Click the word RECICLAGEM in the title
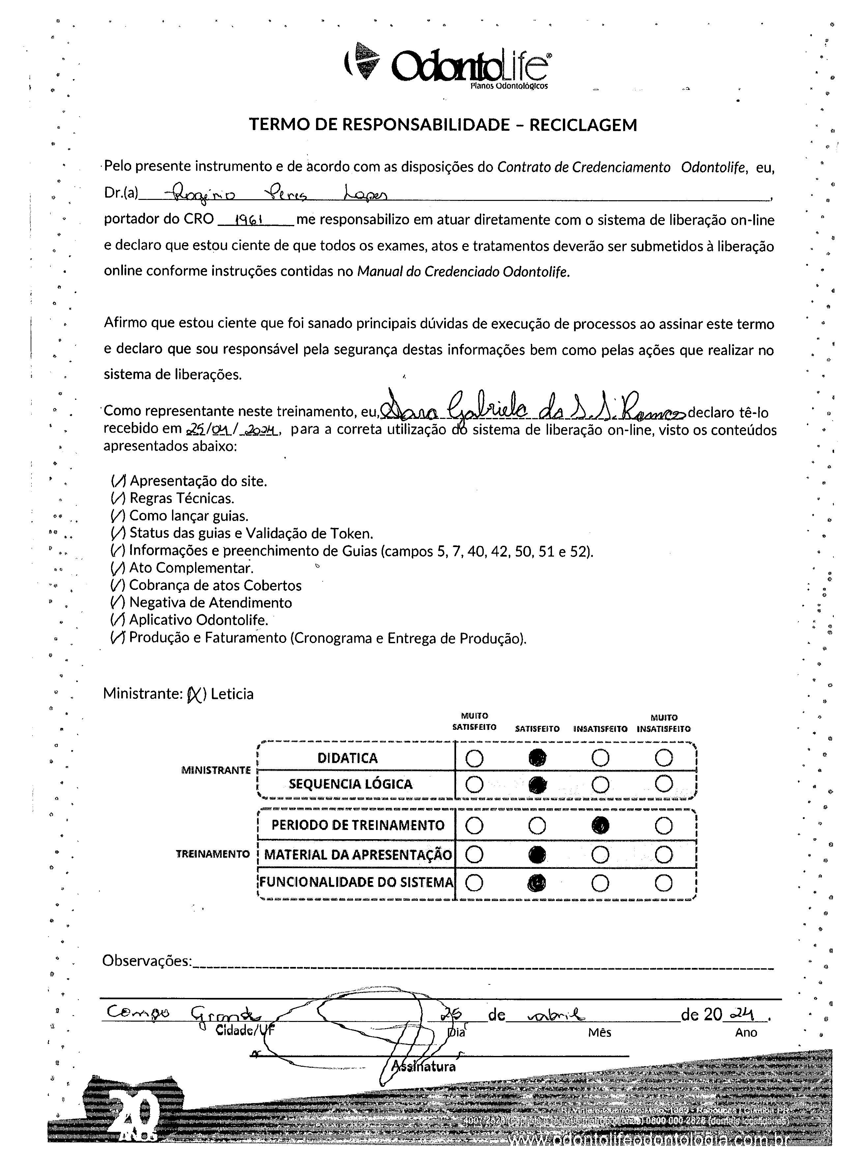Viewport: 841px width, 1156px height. click(x=583, y=125)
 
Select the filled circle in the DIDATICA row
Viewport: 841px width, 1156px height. click(x=537, y=758)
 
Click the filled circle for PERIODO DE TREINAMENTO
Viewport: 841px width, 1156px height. click(x=600, y=825)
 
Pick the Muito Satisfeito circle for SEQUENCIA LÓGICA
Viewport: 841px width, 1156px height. click(x=474, y=784)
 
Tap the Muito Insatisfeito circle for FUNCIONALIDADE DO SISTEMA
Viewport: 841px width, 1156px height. click(x=663, y=883)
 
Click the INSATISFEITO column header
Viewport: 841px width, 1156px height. click(x=600, y=729)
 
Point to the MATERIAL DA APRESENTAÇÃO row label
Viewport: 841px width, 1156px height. click(x=358, y=855)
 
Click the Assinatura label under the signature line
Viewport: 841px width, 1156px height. click(x=423, y=1067)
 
